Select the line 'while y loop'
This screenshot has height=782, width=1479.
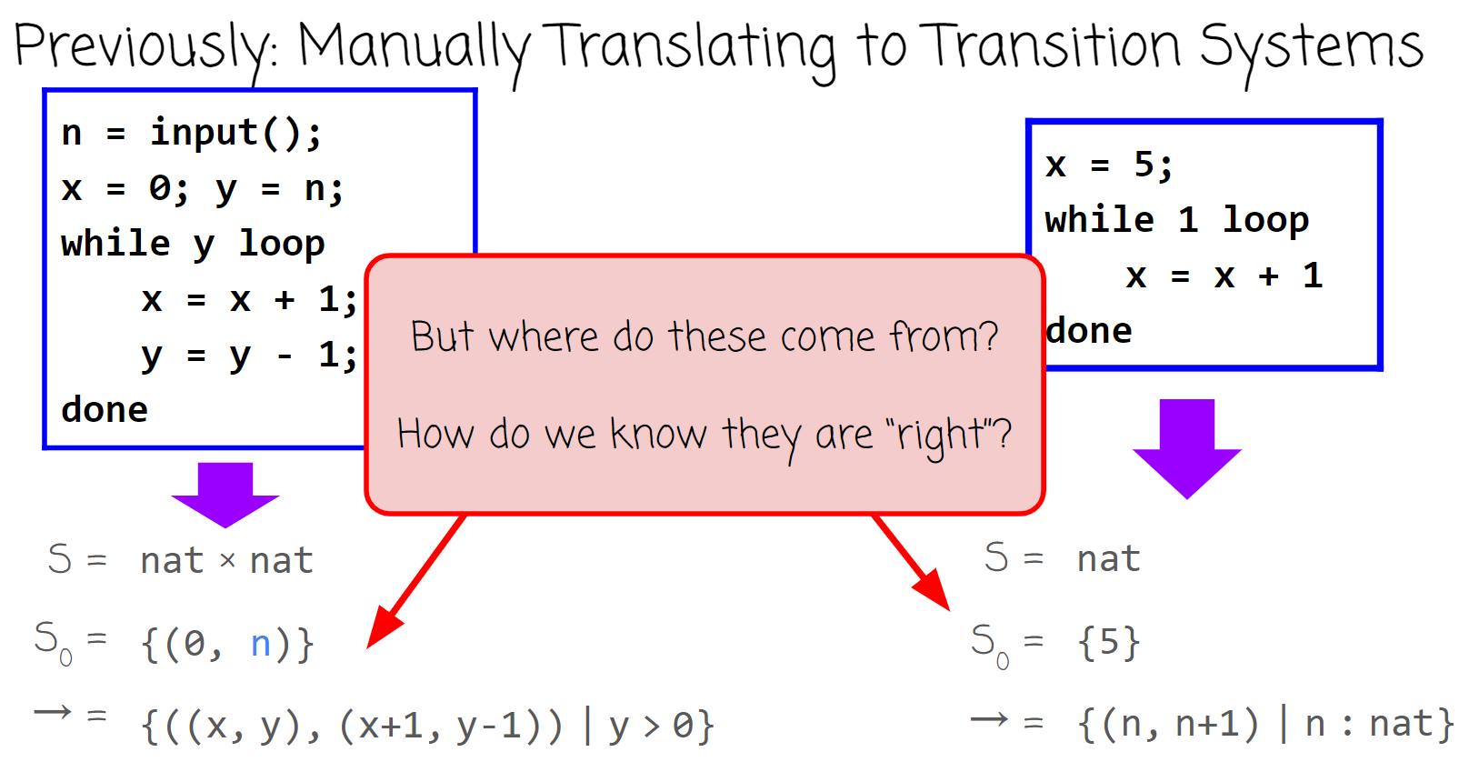[193, 244]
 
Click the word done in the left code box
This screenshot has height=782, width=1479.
[105, 410]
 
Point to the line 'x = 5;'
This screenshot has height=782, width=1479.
[1109, 165]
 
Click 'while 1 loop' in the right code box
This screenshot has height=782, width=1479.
[1177, 220]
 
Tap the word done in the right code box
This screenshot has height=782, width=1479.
[1089, 331]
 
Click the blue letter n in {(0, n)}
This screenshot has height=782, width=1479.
[261, 644]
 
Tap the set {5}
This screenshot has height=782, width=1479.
[1109, 643]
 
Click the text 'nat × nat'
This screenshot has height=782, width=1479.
[226, 561]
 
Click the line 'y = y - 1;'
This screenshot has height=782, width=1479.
[249, 355]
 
